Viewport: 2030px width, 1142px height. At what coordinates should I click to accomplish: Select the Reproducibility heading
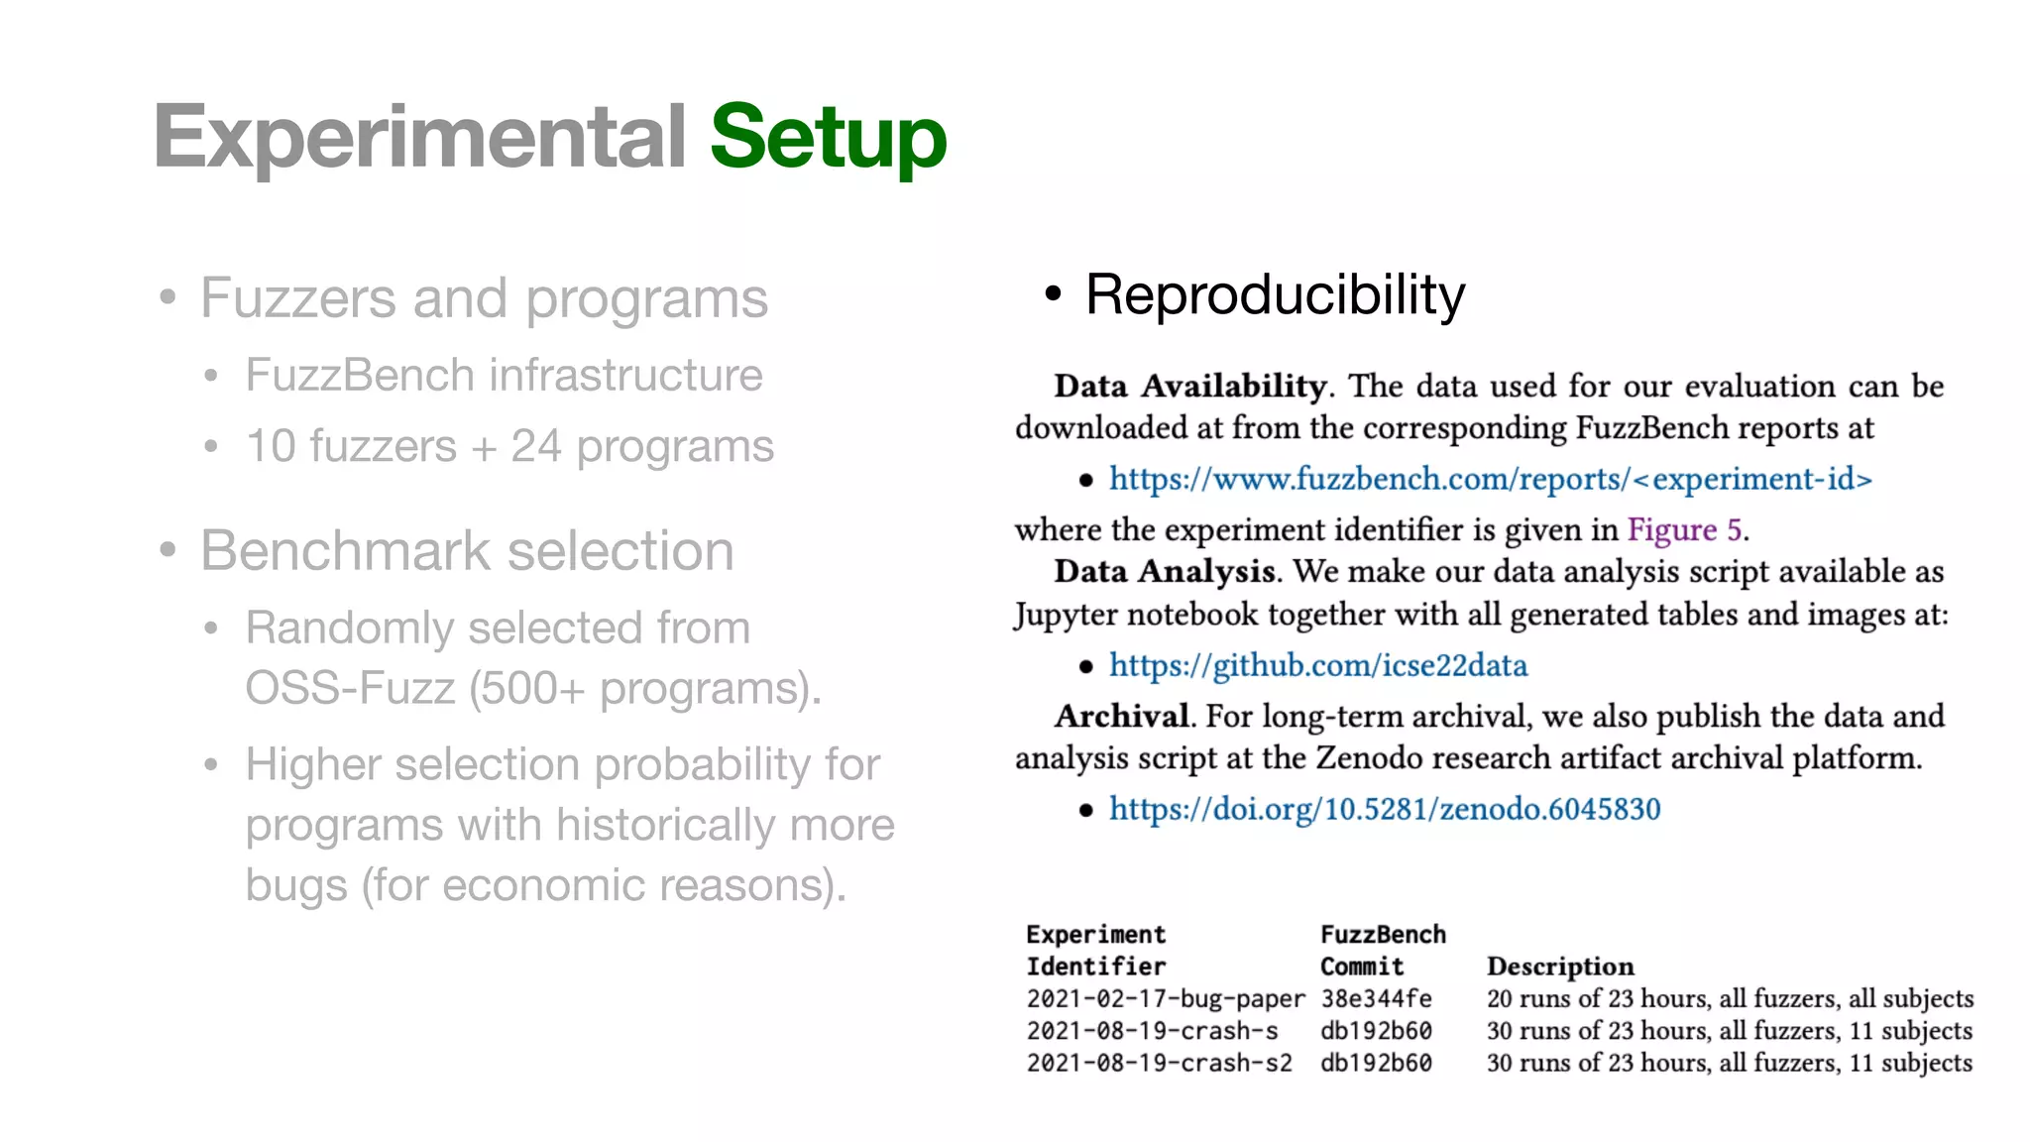[1275, 294]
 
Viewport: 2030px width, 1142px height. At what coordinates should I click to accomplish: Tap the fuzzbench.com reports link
[1491, 479]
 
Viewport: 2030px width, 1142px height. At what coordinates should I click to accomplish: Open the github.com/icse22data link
[1318, 665]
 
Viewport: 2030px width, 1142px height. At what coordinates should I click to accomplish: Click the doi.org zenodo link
[1385, 809]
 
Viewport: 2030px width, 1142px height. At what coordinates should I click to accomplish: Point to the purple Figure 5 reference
[1684, 529]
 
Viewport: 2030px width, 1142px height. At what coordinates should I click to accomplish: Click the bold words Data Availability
[1189, 386]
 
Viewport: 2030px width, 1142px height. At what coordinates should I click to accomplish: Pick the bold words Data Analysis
[1164, 571]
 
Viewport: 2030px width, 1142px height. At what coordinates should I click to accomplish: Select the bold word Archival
[1121, 716]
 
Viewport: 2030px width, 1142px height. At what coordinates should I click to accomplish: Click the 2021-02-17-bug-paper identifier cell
[1166, 998]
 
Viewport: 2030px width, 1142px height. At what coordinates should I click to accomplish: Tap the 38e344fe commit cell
[1376, 998]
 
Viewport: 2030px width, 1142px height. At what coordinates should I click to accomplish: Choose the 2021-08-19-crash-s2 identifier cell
[1159, 1063]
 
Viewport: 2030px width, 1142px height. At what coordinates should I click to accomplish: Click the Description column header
[1560, 967]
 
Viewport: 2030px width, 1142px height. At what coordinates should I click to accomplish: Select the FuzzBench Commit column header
[1382, 950]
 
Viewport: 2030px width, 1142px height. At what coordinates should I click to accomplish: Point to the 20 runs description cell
[1730, 998]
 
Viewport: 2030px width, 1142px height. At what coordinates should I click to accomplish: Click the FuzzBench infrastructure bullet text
[504, 376]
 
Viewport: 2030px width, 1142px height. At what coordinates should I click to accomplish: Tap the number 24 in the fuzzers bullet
[535, 446]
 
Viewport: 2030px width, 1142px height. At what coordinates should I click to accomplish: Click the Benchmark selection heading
[467, 550]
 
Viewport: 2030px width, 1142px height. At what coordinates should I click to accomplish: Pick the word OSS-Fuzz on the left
[350, 688]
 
